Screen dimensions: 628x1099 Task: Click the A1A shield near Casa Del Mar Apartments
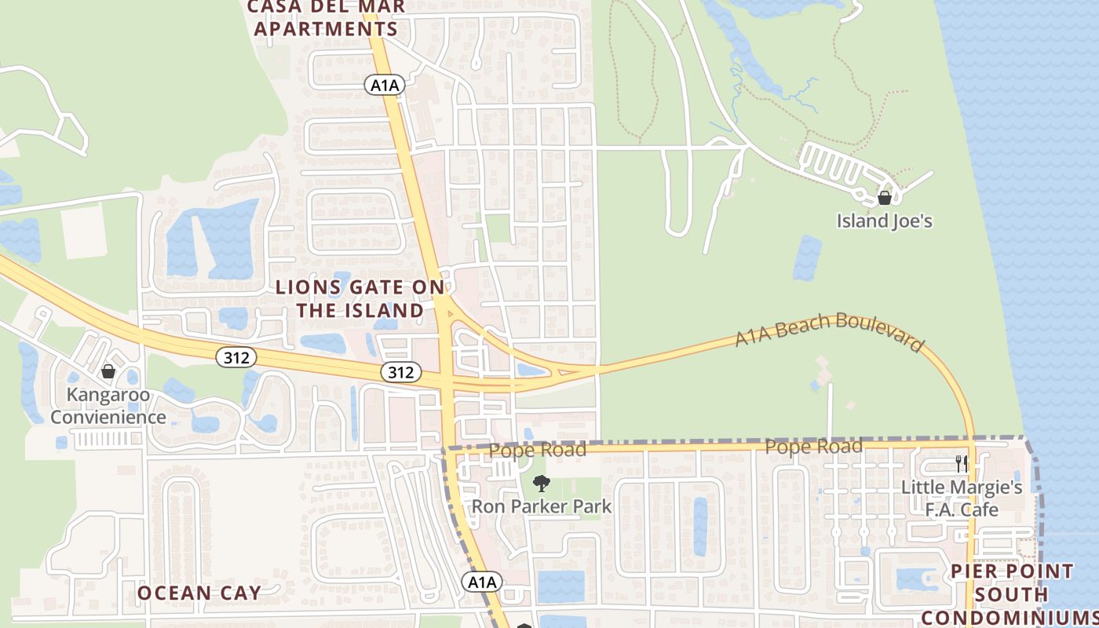point(385,85)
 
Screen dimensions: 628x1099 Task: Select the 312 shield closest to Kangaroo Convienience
point(235,358)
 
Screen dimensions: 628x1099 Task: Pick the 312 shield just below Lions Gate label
point(400,372)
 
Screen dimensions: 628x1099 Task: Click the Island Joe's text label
point(884,221)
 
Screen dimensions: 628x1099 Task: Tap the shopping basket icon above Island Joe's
point(885,198)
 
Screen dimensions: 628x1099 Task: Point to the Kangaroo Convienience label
point(108,406)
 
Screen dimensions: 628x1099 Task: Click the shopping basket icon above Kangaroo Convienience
point(108,371)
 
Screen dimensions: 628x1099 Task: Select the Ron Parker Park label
point(541,507)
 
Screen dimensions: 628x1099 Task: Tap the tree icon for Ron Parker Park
point(541,484)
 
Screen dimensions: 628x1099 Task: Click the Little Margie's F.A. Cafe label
point(961,498)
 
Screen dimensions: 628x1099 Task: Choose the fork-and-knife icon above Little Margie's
point(961,464)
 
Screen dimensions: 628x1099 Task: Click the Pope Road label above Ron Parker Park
point(538,451)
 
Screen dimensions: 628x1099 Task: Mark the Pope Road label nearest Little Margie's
point(813,447)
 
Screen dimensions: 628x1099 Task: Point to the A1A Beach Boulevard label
point(829,331)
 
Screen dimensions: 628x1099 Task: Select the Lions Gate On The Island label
point(360,299)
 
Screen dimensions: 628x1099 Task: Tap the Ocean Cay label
point(199,593)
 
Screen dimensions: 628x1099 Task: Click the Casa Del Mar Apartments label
point(327,18)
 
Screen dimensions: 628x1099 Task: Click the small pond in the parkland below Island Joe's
point(807,257)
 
